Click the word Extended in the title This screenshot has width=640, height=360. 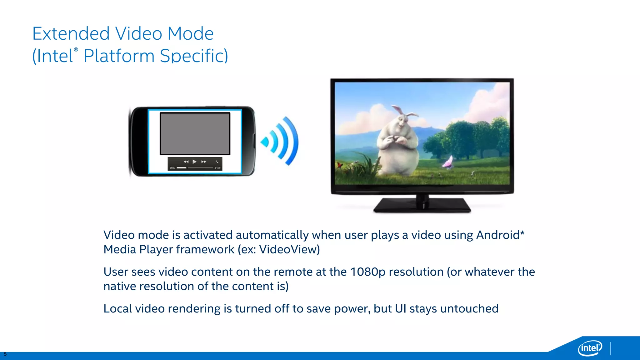pos(71,34)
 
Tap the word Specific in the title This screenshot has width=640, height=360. pos(194,56)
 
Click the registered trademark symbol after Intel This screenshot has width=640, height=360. pos(76,50)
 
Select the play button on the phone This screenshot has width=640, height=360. pos(194,162)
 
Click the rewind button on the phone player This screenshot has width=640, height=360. pos(186,162)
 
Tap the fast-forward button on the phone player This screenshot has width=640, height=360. pos(204,162)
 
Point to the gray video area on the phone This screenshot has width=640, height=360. pos(195,134)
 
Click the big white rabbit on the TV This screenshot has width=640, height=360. pos(397,144)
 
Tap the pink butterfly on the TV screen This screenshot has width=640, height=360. pos(447,162)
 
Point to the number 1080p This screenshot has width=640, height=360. pos(368,272)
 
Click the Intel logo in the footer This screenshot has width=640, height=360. pos(590,348)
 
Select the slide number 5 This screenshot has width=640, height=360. pos(5,354)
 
